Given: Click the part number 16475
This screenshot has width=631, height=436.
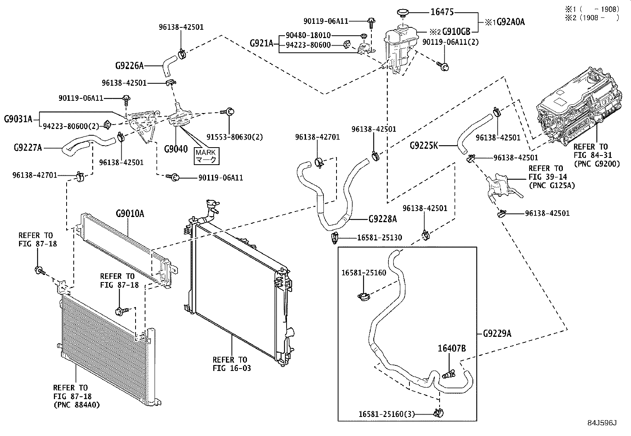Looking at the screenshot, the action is pyautogui.click(x=442, y=12).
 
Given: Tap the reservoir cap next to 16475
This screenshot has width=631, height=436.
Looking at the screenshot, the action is pyautogui.click(x=403, y=13).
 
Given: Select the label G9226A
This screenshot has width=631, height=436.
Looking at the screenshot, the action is pyautogui.click(x=130, y=66).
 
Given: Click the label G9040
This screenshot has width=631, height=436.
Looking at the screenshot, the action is pyautogui.click(x=176, y=149).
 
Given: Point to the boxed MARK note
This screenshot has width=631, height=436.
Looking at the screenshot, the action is pyautogui.click(x=207, y=156).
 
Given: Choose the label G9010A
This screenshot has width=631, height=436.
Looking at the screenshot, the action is pyautogui.click(x=130, y=214).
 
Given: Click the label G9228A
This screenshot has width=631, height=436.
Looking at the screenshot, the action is pyautogui.click(x=382, y=219).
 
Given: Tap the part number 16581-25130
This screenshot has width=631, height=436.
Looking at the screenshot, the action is pyautogui.click(x=379, y=238).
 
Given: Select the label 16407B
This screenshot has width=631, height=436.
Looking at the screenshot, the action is pyautogui.click(x=452, y=348).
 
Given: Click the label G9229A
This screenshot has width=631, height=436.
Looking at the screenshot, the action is pyautogui.click(x=497, y=334).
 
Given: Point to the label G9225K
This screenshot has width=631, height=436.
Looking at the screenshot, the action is pyautogui.click(x=424, y=146).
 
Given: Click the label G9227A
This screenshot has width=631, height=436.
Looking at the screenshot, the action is pyautogui.click(x=28, y=148).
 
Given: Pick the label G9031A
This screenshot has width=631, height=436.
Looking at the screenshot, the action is pyautogui.click(x=18, y=119).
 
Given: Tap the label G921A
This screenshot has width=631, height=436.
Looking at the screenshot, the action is pyautogui.click(x=262, y=43).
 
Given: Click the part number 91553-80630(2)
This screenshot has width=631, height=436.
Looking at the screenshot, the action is pyautogui.click(x=235, y=137).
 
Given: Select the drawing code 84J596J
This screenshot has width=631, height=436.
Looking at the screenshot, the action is pyautogui.click(x=602, y=423).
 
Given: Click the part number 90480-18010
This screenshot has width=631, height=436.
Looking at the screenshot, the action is pyautogui.click(x=308, y=35).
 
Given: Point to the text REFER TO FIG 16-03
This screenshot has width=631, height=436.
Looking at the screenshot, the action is pyautogui.click(x=231, y=364).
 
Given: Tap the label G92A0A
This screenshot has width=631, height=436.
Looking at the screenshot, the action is pyautogui.click(x=511, y=22).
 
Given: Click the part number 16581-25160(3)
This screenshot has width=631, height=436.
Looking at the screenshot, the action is pyautogui.click(x=387, y=414).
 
